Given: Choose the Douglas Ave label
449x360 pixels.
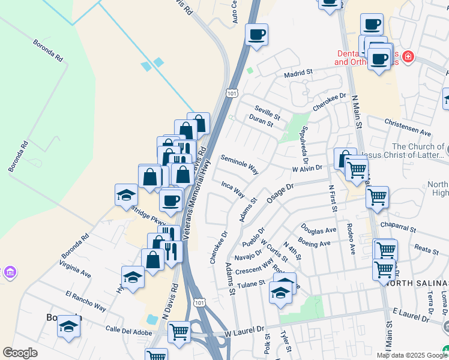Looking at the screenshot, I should tap(318, 230).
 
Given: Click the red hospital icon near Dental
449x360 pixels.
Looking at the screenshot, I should tap(408, 57).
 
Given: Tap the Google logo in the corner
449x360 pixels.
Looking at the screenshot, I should tap(20, 353).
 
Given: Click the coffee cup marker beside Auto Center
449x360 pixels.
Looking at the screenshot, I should tap(256, 35).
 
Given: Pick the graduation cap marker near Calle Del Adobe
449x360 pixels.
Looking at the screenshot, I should tap(68, 328).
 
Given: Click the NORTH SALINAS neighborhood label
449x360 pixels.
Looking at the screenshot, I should tap(423, 283).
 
